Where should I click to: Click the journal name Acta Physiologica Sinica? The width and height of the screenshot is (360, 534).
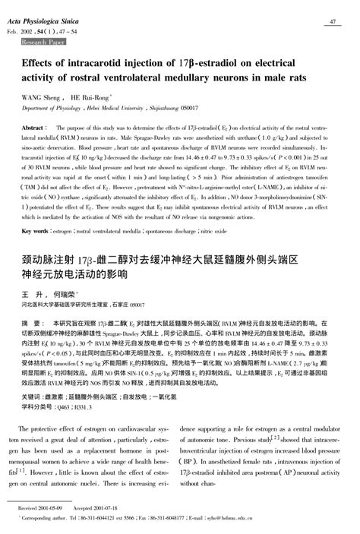(x=46, y=22)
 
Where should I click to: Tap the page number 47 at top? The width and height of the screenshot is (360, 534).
(x=333, y=22)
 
